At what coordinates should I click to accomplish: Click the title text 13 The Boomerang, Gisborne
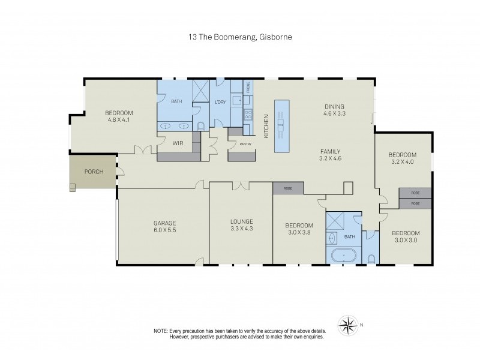pyautogui.click(x=239, y=37)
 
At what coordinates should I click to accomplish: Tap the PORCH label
pyautogui.click(x=94, y=172)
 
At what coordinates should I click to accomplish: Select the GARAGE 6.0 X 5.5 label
pyautogui.click(x=164, y=226)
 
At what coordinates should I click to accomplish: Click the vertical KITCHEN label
pyautogui.click(x=266, y=127)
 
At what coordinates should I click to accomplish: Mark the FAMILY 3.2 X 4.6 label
pyautogui.click(x=330, y=155)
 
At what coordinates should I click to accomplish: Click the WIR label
pyautogui.click(x=178, y=143)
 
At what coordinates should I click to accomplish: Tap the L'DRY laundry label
pyautogui.click(x=220, y=101)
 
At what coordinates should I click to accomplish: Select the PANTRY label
pyautogui.click(x=245, y=144)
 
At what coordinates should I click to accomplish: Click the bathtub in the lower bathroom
pyautogui.click(x=343, y=256)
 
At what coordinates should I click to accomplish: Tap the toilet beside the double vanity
pyautogui.click(x=201, y=125)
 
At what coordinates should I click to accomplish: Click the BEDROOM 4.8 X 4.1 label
pyautogui.click(x=119, y=116)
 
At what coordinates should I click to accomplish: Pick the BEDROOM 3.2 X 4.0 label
pyautogui.click(x=403, y=158)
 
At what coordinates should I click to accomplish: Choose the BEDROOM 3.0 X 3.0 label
pyautogui.click(x=406, y=236)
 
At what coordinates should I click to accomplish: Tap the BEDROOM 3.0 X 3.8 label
pyautogui.click(x=299, y=229)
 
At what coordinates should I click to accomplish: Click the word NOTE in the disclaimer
pyautogui.click(x=160, y=331)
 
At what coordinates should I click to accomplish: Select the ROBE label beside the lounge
pyautogui.click(x=288, y=188)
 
